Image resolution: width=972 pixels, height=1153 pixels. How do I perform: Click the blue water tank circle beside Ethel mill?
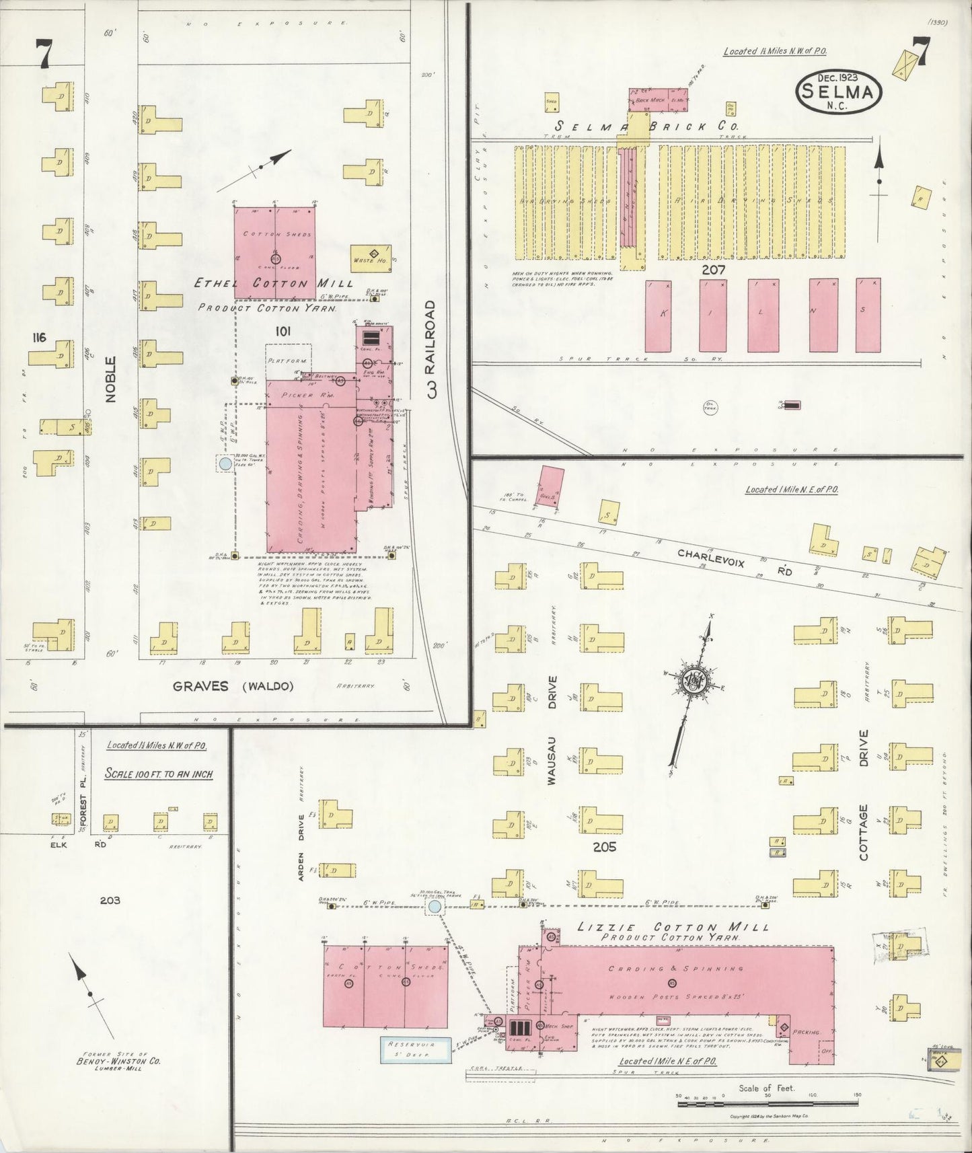click(225, 463)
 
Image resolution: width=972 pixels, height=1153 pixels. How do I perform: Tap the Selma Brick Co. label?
click(646, 126)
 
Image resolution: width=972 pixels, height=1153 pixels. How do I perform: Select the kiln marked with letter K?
click(658, 315)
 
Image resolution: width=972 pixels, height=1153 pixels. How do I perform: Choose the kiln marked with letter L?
click(763, 315)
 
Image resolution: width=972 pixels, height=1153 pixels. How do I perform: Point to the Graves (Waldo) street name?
click(233, 687)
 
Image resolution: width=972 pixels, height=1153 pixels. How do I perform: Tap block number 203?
click(110, 900)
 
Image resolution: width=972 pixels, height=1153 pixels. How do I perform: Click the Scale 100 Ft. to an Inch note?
click(159, 774)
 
